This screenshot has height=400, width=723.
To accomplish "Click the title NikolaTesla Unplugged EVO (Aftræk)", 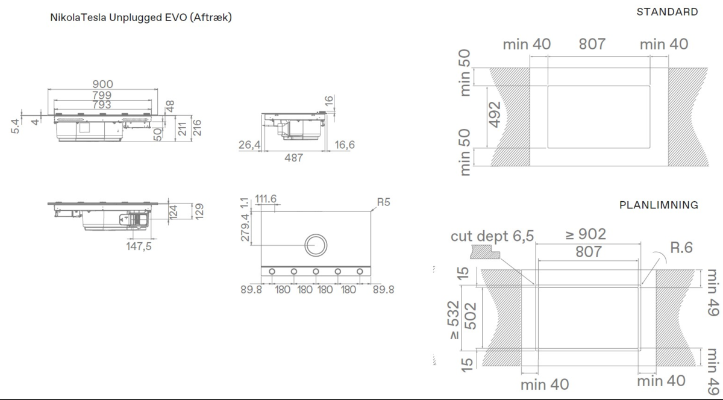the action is pos(141,17).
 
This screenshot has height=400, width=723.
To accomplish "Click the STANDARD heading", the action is pos(667,12).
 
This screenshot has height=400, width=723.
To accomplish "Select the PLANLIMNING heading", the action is pos(659,205).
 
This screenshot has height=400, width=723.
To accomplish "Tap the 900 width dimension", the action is pos(102,84).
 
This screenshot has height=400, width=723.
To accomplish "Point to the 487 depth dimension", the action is pos(294,158).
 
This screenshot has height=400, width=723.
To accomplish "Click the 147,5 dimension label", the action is pos(139,246).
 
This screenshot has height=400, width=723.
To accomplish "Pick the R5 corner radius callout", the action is pos(383,202).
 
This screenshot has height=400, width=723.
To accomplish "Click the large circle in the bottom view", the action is pos(316,234).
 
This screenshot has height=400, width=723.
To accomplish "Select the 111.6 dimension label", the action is pos(266,199).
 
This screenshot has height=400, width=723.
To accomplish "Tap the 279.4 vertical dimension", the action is pos(245,227).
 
